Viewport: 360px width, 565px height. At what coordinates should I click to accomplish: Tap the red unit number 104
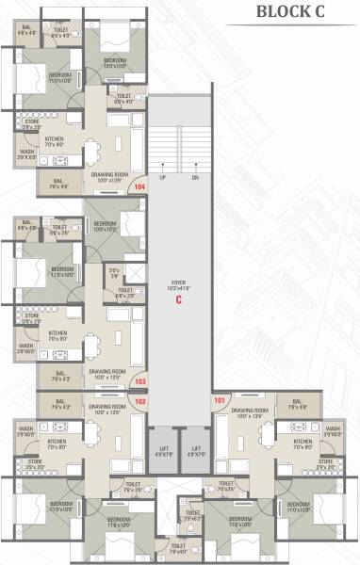[x=140, y=187]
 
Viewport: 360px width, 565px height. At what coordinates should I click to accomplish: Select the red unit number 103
[x=140, y=382]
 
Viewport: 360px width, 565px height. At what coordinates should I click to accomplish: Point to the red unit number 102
[x=140, y=400]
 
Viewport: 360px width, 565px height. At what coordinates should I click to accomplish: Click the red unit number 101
[x=220, y=400]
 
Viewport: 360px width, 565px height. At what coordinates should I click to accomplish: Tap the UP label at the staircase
[x=162, y=178]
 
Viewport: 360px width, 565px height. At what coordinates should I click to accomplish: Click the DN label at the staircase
[x=195, y=178]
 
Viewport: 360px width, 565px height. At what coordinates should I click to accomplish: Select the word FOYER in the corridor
[x=177, y=282]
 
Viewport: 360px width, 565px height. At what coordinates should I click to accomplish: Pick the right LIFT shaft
[x=196, y=450]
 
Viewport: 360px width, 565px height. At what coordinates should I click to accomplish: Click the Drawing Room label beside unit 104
[x=109, y=175]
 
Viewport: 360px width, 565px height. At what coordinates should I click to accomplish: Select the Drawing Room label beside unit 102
[x=108, y=408]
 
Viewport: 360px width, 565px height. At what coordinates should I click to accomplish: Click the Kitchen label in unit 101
[x=303, y=444]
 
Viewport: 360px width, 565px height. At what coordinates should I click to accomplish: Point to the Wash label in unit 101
[x=332, y=431]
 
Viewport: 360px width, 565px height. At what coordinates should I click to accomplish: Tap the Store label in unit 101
[x=326, y=462]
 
